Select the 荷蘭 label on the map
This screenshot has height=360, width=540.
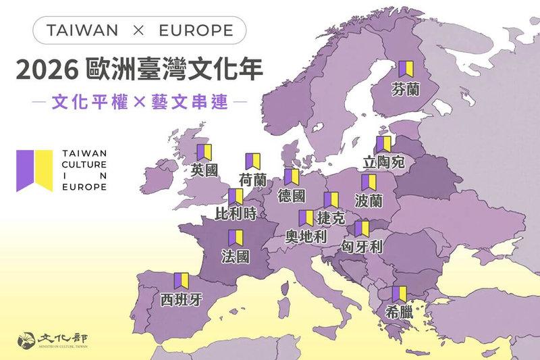(253, 179)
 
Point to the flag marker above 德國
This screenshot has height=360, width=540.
(292, 177)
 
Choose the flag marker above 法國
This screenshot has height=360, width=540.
(236, 238)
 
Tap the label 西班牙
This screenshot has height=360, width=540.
(181, 299)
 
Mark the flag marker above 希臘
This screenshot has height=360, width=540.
(399, 294)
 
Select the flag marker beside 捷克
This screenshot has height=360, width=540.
(331, 200)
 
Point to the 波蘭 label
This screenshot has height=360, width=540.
(369, 201)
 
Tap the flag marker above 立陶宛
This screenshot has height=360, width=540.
(384, 144)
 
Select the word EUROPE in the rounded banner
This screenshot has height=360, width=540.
(196, 30)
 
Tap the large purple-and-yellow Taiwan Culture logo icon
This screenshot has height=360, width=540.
(35, 170)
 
